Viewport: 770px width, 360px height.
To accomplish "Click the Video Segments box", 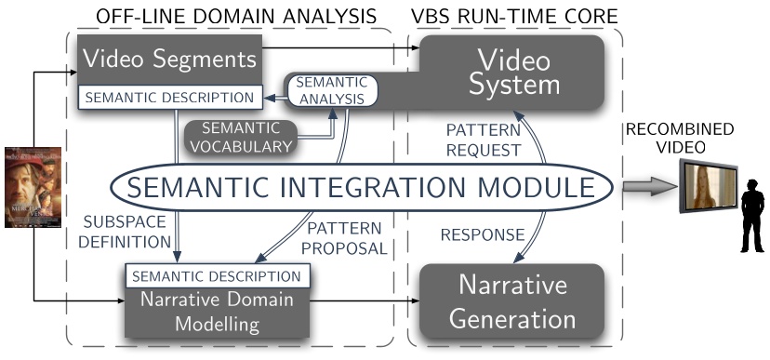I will click(x=169, y=59).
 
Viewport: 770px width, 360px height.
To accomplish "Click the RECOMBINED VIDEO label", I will click(x=691, y=138).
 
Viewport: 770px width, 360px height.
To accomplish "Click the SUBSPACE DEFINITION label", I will click(x=126, y=233).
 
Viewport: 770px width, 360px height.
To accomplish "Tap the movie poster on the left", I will click(x=33, y=199).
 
